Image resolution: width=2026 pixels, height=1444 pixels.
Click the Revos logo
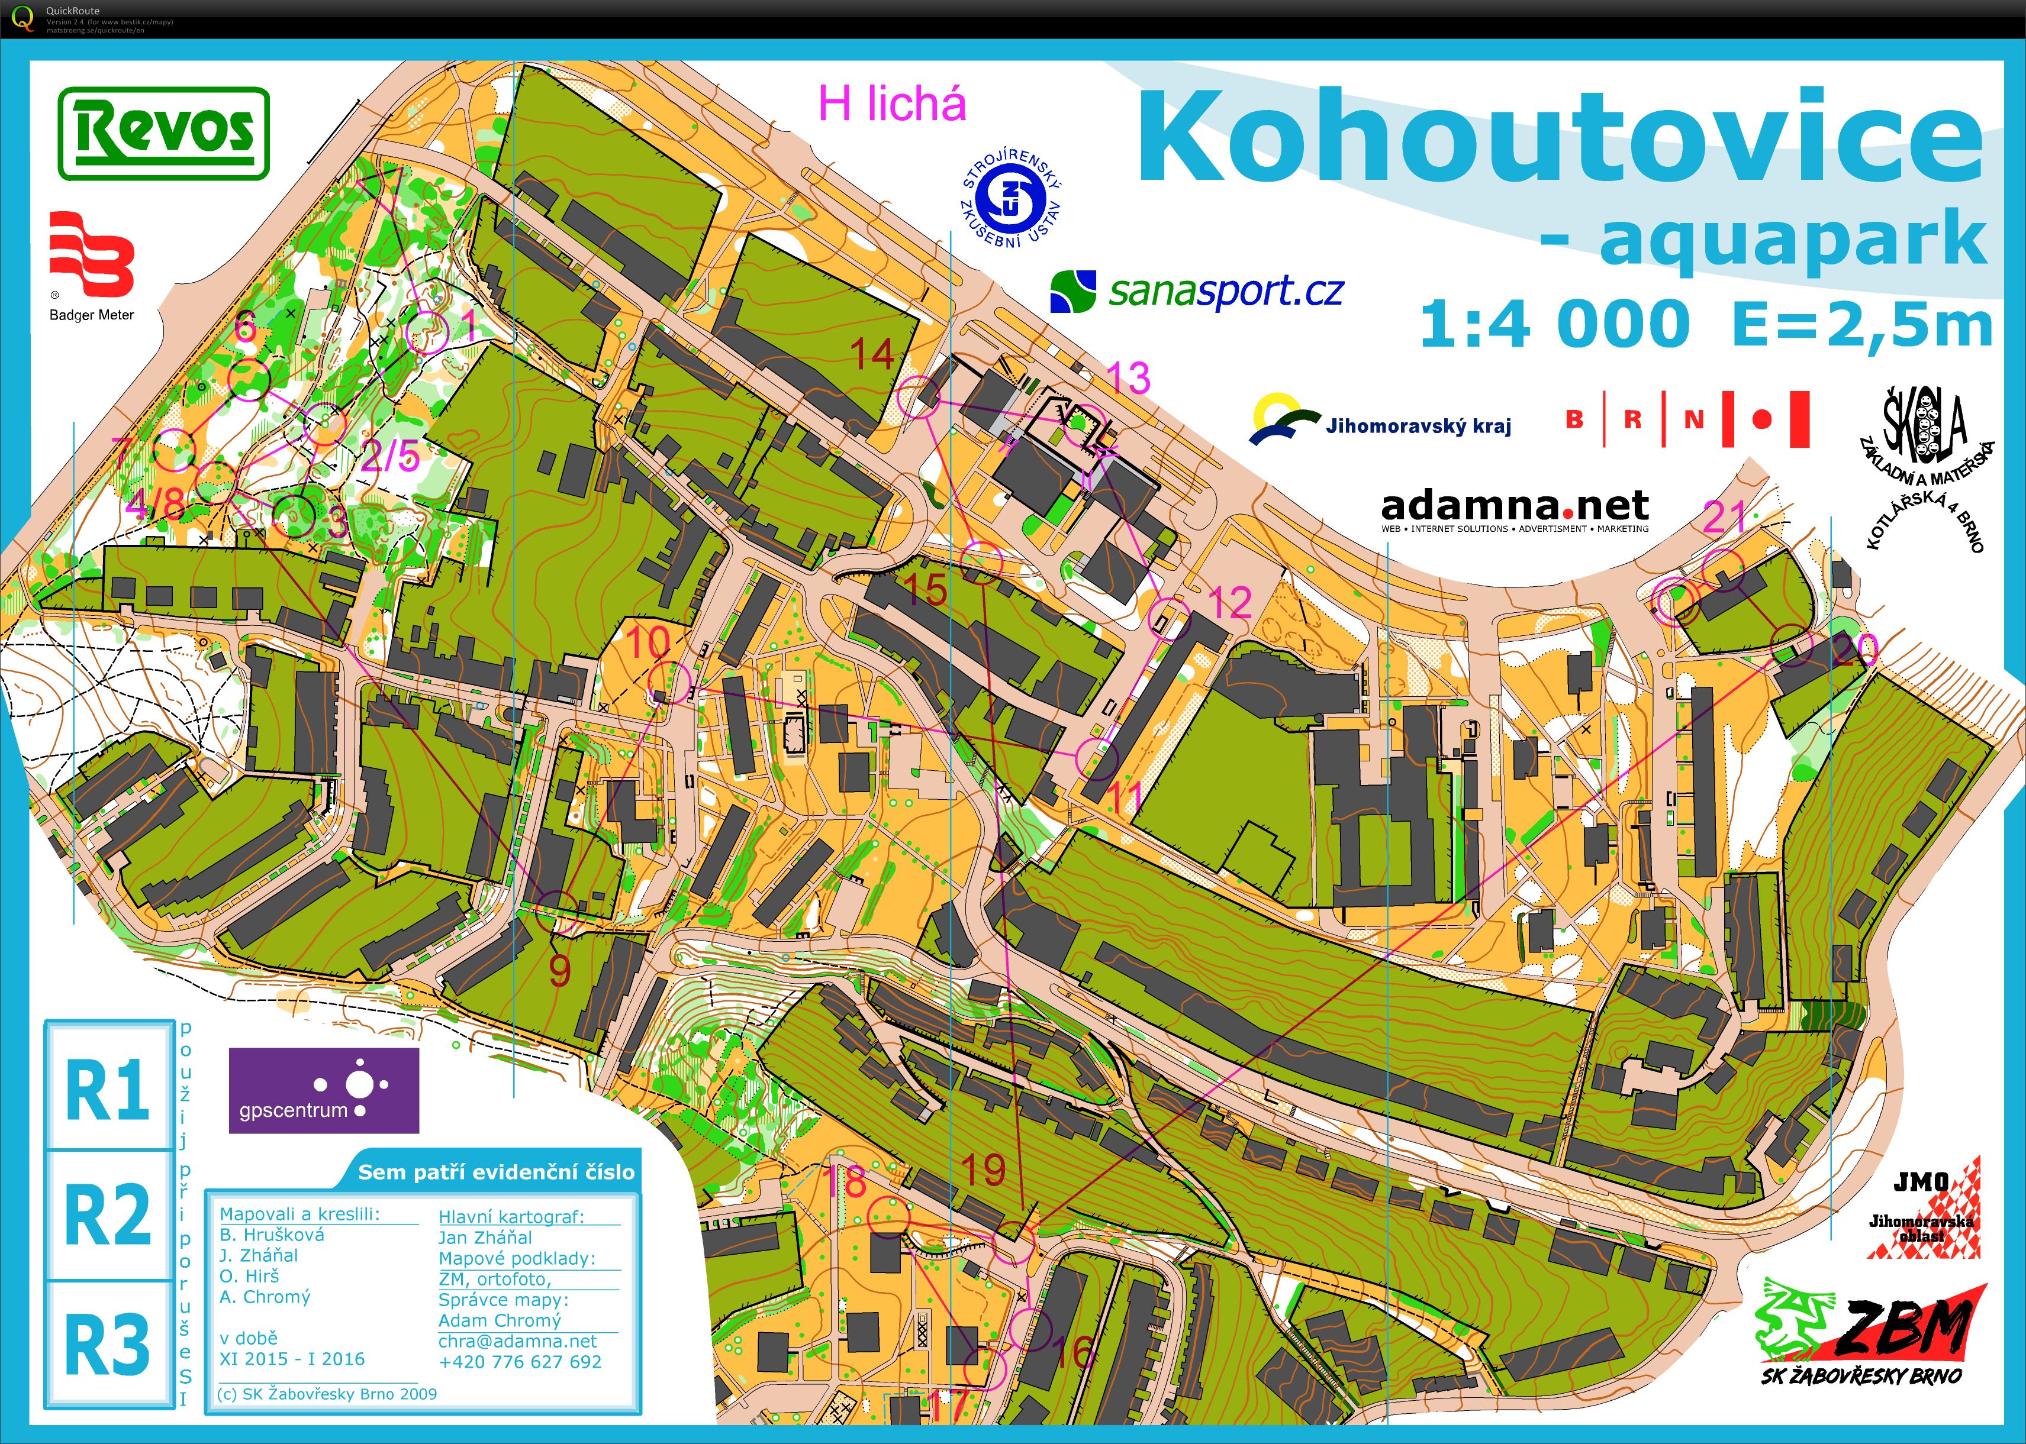tap(163, 133)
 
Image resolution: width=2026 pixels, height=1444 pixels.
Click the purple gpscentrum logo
tap(324, 1090)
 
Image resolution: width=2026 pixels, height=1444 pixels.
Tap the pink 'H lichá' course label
tap(892, 104)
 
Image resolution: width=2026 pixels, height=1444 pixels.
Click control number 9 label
tap(559, 971)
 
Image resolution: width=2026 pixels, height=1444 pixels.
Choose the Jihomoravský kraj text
tap(1418, 426)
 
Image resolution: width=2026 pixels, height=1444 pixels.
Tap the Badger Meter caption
tap(92, 315)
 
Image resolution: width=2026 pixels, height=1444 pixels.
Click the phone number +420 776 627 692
tap(520, 1361)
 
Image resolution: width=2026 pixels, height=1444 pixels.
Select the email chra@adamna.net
tap(517, 1341)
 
